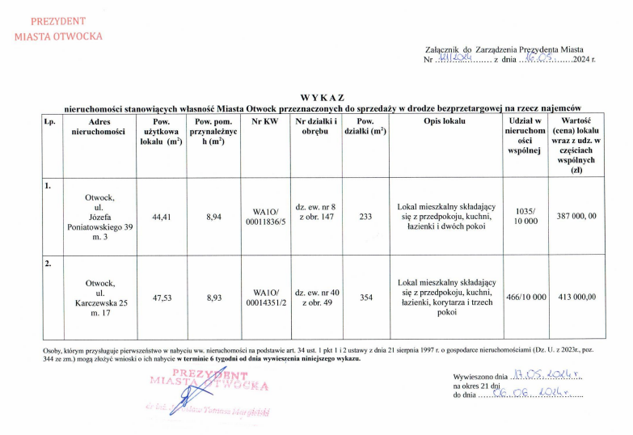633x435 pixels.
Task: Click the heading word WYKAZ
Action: tap(321, 97)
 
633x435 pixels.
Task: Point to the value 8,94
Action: tap(214, 217)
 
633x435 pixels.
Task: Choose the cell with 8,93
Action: tap(214, 298)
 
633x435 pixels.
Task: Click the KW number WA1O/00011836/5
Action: tap(265, 217)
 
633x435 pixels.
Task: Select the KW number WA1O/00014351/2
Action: tap(265, 298)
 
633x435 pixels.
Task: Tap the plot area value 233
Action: tap(365, 217)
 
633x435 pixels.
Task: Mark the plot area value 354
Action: tap(365, 298)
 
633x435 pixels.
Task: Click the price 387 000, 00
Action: tap(576, 217)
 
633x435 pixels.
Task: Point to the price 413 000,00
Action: tap(576, 298)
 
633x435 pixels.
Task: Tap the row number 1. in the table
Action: tap(49, 185)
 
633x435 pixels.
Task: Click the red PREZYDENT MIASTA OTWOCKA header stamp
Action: tap(58, 28)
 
